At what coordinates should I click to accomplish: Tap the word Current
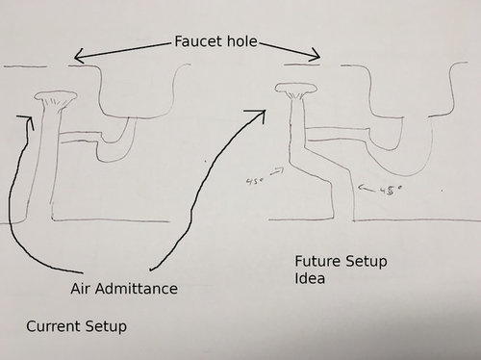click(53, 327)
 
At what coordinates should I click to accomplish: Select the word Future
click(319, 262)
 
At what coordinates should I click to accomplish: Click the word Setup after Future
click(371, 262)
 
